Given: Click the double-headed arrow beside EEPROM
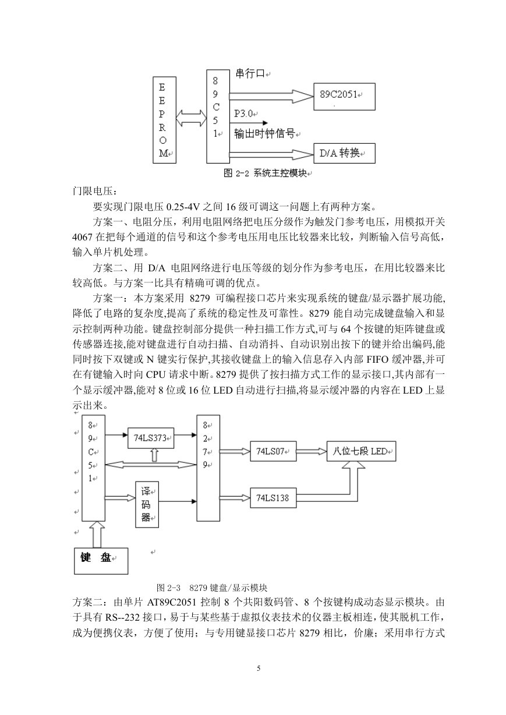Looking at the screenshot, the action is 191,119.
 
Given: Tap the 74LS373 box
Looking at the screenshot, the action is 151,438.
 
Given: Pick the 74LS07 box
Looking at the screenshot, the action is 273,451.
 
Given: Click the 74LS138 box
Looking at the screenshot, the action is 273,498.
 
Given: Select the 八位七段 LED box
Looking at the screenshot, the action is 362,451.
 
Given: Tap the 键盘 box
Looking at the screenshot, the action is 101,561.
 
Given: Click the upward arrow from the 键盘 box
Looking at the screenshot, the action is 98,535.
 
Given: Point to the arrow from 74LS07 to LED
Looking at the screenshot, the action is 312,451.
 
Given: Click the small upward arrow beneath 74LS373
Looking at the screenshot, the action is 154,455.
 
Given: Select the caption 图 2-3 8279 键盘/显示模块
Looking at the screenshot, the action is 212,587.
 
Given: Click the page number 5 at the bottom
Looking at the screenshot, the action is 259,668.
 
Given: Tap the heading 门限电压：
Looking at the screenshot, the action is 95,191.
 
